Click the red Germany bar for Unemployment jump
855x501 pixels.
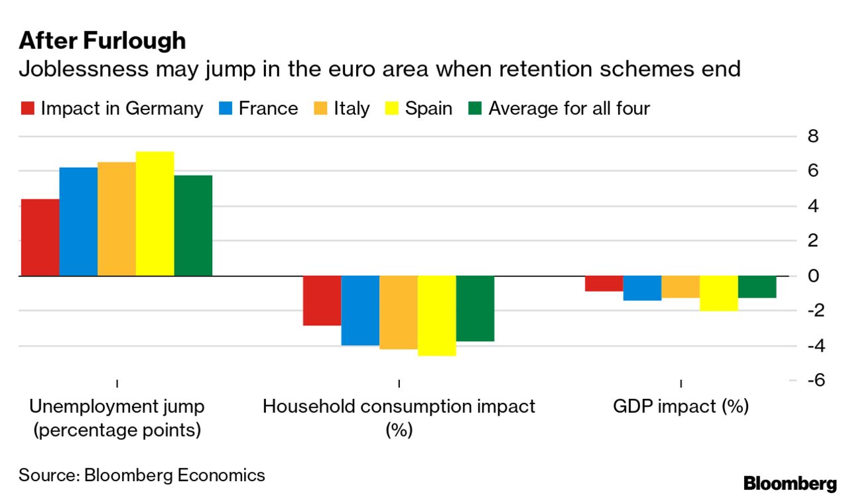(x=40, y=237)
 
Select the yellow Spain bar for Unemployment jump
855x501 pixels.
(x=155, y=213)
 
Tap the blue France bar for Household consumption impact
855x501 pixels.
(x=360, y=310)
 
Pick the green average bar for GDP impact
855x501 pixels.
(x=757, y=287)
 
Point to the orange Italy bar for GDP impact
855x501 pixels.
(x=681, y=287)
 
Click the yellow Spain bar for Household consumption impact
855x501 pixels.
(x=436, y=315)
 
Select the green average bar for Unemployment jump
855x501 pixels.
(x=193, y=225)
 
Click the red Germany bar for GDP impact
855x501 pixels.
(x=604, y=284)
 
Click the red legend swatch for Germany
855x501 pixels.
(x=27, y=109)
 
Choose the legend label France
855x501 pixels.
(x=268, y=109)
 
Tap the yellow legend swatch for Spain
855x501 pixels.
(x=391, y=109)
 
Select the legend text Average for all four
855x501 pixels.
(x=568, y=109)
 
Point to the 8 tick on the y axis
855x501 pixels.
(x=813, y=137)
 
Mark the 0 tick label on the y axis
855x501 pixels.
(x=813, y=276)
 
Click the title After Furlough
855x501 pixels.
(x=102, y=41)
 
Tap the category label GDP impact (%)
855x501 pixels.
(x=681, y=406)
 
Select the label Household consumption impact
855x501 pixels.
(x=399, y=406)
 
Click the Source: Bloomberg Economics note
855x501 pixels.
(x=141, y=475)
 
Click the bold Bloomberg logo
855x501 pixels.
(x=790, y=484)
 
